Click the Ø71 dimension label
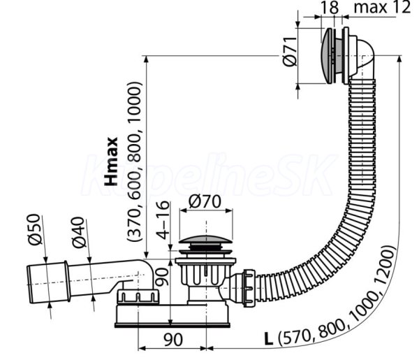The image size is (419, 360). (289, 51)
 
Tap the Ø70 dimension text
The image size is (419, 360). (205, 201)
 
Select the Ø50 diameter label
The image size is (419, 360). (36, 229)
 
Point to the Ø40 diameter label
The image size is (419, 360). (78, 232)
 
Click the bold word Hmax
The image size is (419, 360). (111, 161)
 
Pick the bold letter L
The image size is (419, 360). (269, 339)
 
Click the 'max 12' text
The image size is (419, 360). (382, 7)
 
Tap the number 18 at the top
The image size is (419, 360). (330, 8)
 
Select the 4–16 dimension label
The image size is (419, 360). (163, 219)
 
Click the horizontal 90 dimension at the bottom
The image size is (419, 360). (173, 340)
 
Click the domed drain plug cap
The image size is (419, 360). (205, 239)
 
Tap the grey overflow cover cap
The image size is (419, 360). (327, 55)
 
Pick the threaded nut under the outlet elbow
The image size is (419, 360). (138, 296)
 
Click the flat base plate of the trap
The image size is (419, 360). (172, 325)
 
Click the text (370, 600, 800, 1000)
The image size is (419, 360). (134, 162)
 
